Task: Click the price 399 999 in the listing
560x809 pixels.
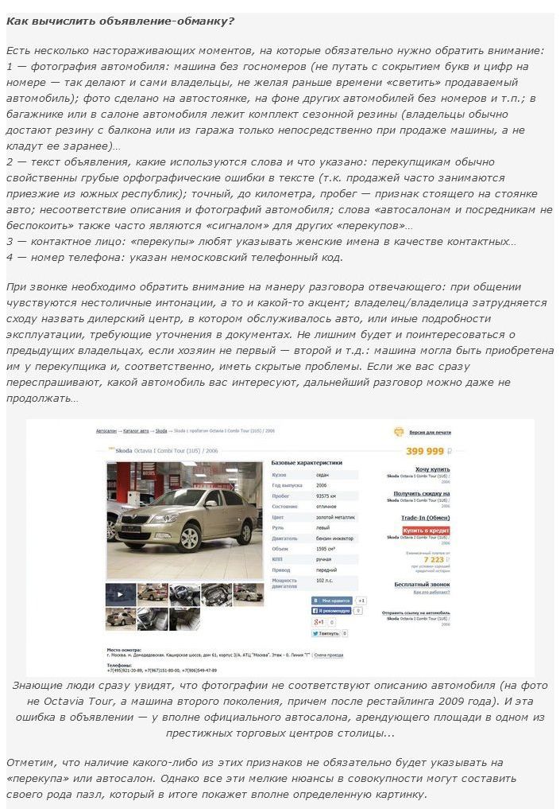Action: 425,451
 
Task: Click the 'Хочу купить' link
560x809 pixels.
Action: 433,469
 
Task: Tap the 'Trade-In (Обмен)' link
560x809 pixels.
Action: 427,518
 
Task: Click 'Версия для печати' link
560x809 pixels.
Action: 430,432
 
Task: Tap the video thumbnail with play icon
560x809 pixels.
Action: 120,593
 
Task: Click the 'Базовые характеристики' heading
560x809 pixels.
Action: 307,462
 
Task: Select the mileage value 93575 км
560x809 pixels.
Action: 326,496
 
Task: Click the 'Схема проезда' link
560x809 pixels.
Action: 329,655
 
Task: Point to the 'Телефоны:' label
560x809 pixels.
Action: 119,664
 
